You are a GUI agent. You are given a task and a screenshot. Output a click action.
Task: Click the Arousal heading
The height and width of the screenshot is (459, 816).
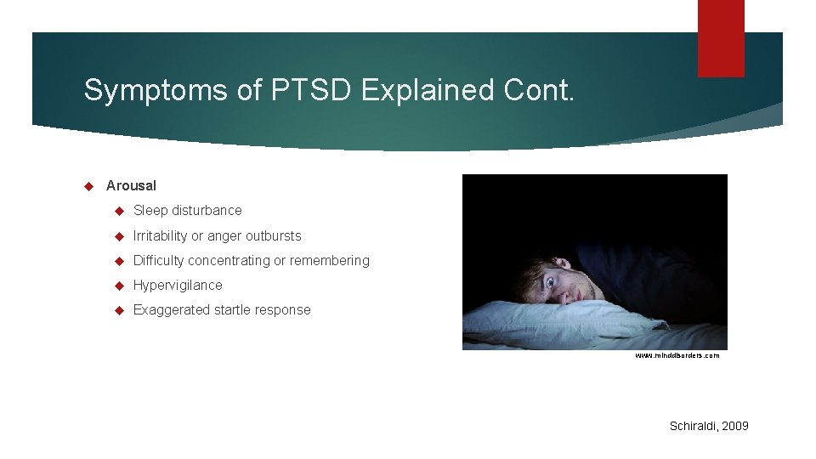pos(131,185)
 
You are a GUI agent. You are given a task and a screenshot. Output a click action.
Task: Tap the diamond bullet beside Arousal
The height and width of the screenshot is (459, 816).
pos(88,185)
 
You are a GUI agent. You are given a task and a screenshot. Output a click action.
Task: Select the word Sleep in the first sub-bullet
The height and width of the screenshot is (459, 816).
pos(150,210)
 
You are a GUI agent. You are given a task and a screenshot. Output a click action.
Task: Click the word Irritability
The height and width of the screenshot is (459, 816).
pos(161,235)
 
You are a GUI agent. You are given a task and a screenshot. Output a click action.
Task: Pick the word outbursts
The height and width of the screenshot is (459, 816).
pos(273,235)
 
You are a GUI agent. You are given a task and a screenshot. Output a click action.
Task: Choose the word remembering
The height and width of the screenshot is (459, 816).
pos(330,260)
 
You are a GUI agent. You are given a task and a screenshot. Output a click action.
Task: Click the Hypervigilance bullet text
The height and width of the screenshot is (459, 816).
pos(178,285)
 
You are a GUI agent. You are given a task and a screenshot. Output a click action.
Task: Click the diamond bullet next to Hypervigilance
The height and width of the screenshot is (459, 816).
pos(120,286)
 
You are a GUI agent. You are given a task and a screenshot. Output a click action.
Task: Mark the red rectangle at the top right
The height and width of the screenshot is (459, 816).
pos(721,37)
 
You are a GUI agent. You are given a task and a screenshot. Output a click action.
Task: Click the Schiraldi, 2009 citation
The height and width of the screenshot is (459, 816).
pos(709,426)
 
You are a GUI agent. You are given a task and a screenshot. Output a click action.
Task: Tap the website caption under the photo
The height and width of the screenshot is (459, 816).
pos(677,355)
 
